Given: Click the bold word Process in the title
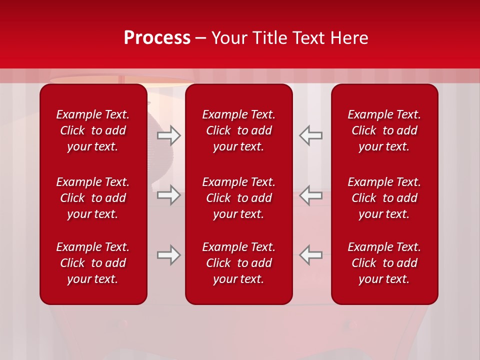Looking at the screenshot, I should tap(157, 38).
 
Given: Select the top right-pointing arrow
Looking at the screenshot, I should tap(168, 135).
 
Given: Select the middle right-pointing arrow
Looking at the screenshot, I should tap(168, 195).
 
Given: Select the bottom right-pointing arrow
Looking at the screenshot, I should tap(168, 255).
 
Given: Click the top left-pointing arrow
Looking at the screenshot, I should tap(310, 135).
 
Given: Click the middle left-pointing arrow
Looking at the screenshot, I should tap(310, 195).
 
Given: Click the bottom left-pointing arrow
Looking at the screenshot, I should tap(310, 255).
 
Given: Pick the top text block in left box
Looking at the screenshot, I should tap(93, 130).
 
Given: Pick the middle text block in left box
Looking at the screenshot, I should tap(93, 198).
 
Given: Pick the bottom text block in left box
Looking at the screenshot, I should tap(93, 263).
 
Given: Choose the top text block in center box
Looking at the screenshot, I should tap(238, 130).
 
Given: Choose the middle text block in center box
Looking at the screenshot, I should tap(238, 198).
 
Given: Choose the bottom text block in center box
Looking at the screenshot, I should tap(238, 263).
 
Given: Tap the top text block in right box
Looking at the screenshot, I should tap(384, 130).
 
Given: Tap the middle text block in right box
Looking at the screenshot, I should tap(384, 198).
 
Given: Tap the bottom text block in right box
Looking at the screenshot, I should tap(384, 263).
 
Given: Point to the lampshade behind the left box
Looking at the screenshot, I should tap(165, 80).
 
